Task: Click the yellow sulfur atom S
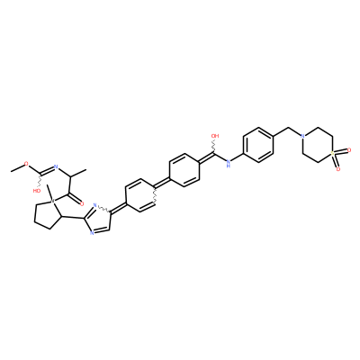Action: (332, 154)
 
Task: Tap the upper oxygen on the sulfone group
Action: (349, 149)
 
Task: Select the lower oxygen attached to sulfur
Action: (338, 169)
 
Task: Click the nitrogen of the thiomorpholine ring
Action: (302, 137)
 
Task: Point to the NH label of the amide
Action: (229, 164)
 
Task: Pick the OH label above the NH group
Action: (215, 136)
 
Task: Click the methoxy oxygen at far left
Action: (26, 164)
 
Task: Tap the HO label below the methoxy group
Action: (37, 191)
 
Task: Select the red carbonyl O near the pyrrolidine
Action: (82, 204)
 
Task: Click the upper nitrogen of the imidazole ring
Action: (94, 205)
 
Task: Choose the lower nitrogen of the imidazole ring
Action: (92, 233)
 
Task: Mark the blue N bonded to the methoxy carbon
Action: (55, 166)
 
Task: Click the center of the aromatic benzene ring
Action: (258, 146)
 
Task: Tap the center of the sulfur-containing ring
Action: (318, 145)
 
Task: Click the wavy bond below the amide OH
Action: (214, 147)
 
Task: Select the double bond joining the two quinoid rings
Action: (162, 184)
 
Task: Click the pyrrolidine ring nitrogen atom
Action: (52, 200)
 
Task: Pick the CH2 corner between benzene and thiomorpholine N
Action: (288, 129)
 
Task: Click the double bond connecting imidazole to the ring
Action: (119, 209)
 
